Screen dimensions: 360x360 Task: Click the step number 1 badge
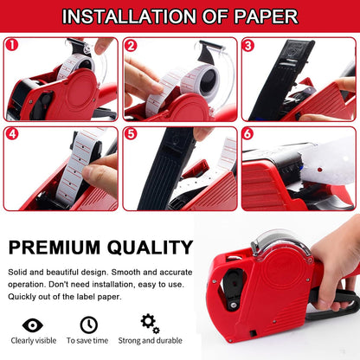[12, 45]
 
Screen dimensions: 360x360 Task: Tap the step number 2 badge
[131, 46]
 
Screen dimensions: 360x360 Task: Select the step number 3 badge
[248, 46]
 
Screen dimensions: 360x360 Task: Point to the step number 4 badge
[12, 134]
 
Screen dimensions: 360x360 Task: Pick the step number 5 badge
[131, 134]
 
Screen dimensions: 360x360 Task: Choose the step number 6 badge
[248, 134]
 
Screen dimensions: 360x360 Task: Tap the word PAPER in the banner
[266, 16]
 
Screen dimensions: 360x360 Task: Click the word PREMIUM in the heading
[55, 247]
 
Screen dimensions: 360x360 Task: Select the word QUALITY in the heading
[150, 247]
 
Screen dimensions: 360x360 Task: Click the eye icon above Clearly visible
[33, 325]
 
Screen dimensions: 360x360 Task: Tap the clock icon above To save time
[89, 325]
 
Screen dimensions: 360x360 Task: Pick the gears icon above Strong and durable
[150, 324]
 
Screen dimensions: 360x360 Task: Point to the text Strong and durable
[150, 341]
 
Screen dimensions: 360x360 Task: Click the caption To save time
[87, 341]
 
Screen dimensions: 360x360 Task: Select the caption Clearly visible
[34, 341]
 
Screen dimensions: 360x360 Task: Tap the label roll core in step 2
[209, 80]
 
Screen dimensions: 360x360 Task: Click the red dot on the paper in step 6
[319, 170]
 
